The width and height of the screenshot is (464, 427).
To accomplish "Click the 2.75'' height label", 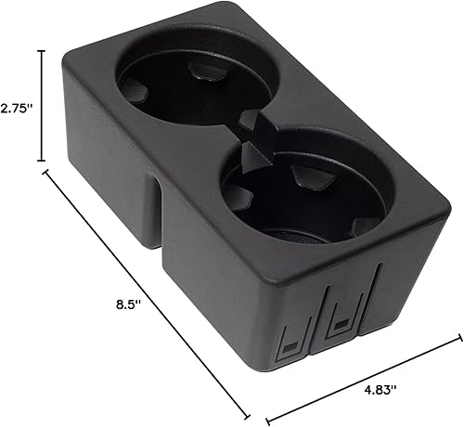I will [x=18, y=108].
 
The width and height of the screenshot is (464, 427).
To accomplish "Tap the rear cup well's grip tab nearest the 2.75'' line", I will [x=133, y=89].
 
